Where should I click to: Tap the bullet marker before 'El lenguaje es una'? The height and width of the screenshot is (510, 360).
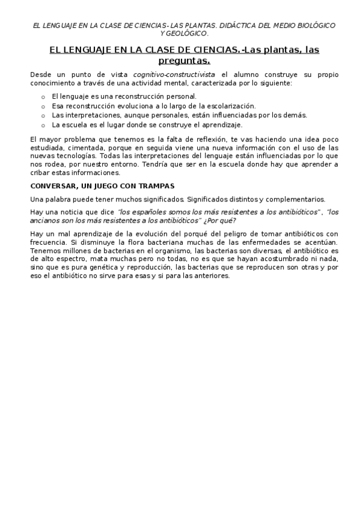(x=43, y=96)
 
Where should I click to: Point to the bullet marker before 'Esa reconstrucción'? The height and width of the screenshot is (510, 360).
(x=43, y=106)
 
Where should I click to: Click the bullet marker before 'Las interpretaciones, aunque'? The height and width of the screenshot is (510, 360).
(x=43, y=115)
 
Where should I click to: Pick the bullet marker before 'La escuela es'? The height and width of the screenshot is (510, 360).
(x=43, y=125)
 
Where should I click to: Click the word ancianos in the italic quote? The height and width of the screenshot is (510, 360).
(x=47, y=220)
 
